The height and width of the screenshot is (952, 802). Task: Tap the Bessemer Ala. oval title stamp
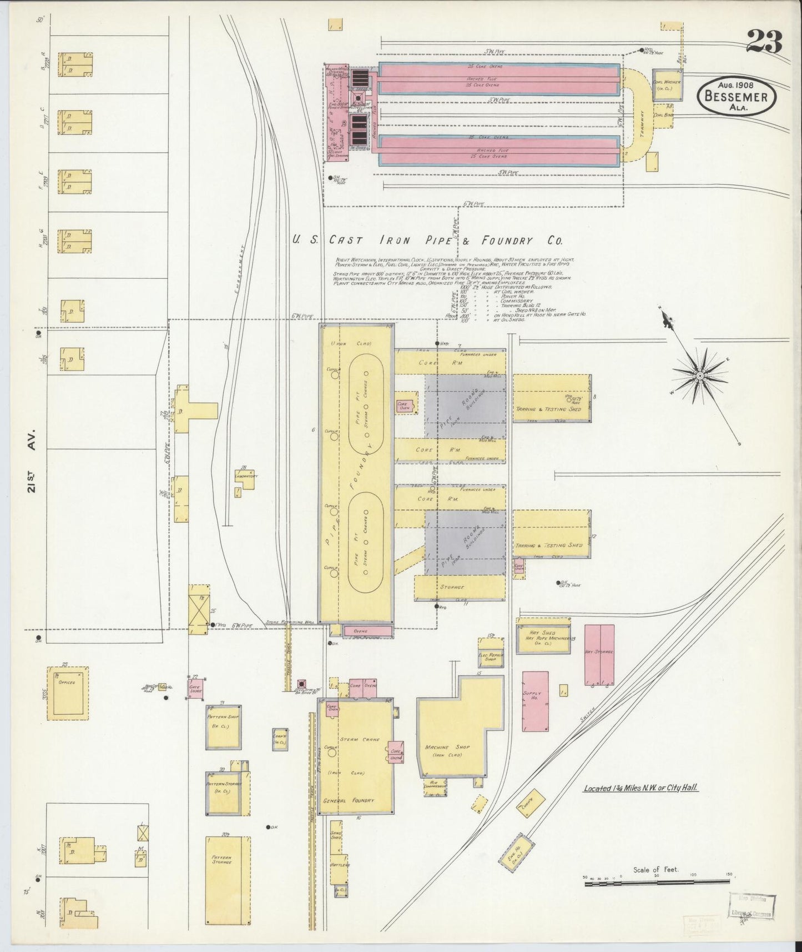[736, 96]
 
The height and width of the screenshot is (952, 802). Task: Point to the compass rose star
[700, 376]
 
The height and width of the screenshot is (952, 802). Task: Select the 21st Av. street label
[31, 460]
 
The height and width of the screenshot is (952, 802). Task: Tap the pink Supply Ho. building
[536, 702]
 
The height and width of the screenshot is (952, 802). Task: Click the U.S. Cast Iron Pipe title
[427, 240]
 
